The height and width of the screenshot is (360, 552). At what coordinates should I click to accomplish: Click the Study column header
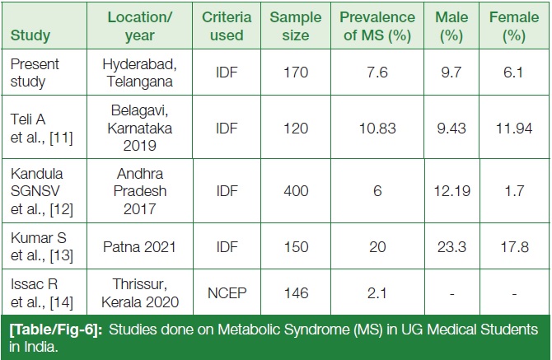(30, 35)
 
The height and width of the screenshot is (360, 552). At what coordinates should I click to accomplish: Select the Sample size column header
(296, 26)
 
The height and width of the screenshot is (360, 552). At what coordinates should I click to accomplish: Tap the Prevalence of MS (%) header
(377, 26)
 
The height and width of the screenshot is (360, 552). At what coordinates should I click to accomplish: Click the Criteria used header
(227, 26)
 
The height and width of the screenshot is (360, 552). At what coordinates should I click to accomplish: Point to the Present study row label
(35, 72)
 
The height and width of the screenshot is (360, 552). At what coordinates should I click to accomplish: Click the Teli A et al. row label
(41, 129)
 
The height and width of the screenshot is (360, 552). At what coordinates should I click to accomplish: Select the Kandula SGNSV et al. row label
(41, 191)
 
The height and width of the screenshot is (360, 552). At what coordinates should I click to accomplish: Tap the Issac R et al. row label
(41, 292)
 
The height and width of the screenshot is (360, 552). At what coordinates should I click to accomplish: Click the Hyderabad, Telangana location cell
(140, 72)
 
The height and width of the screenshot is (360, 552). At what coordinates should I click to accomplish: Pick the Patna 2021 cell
(139, 246)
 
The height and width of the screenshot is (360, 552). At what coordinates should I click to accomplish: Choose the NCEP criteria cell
(227, 293)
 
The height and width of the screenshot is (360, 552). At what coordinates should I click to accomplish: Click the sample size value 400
(296, 191)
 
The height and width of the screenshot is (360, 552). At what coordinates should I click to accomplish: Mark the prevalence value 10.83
(377, 129)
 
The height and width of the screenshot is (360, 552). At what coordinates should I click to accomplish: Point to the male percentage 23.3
(451, 246)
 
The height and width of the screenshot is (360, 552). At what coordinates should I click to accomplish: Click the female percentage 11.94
(514, 129)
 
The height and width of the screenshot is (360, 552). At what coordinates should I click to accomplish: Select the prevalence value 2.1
(377, 293)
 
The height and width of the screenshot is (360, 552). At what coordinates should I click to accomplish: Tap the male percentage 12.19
(452, 191)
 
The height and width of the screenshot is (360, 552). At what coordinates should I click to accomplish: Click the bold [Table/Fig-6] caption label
(56, 330)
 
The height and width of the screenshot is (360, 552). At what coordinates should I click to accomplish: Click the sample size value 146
(297, 293)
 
